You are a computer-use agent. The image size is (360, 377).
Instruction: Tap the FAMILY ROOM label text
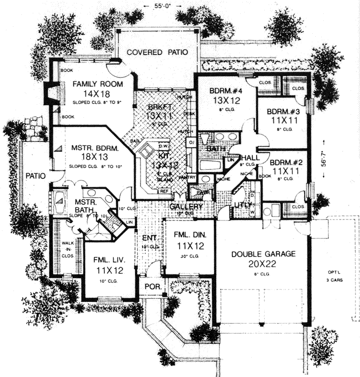91,84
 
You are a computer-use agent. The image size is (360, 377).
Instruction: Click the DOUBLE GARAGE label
263,254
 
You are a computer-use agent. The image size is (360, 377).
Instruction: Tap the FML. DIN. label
189,235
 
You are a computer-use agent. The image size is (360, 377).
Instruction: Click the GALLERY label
185,207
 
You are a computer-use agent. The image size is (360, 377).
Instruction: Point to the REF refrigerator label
163,191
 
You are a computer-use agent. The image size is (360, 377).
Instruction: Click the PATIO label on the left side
36,175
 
